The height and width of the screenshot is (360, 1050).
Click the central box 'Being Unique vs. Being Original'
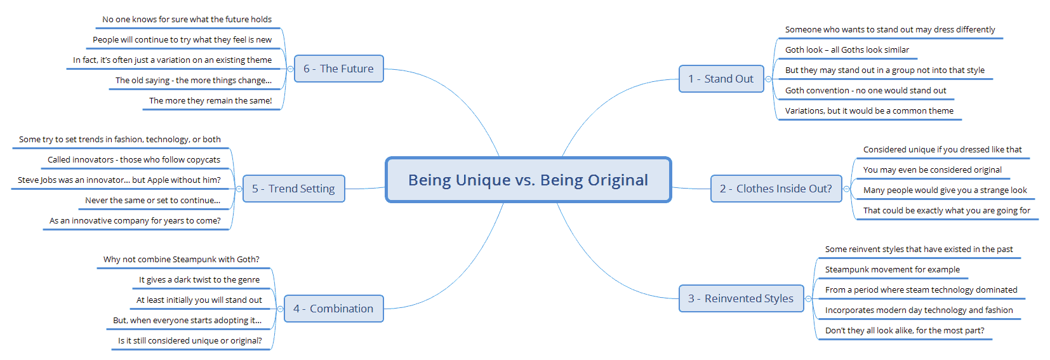[x=528, y=180]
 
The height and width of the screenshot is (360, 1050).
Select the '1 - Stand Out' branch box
[x=721, y=79]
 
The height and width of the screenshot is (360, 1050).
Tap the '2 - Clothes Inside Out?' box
[x=776, y=189]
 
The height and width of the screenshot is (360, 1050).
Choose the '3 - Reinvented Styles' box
[x=741, y=298]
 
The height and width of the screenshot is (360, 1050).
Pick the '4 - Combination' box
[x=334, y=309]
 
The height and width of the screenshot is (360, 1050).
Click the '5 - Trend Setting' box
[x=294, y=189]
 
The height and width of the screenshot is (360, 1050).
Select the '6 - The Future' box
[x=339, y=69]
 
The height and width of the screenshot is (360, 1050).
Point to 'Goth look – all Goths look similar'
[x=847, y=50]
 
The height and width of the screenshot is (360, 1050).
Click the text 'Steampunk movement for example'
[x=893, y=270]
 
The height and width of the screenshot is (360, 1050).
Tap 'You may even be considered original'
[x=933, y=170]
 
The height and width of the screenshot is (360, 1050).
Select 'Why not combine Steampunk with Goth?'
[x=182, y=259]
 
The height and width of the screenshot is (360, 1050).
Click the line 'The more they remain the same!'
[x=211, y=100]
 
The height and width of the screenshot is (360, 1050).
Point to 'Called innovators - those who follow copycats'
[x=134, y=159]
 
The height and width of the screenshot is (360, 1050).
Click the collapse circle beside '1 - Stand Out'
[x=768, y=79]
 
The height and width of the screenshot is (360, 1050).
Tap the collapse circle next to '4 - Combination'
[x=281, y=309]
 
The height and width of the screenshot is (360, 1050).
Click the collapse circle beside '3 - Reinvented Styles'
[x=808, y=298]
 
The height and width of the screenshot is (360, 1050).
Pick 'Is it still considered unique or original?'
[x=190, y=340]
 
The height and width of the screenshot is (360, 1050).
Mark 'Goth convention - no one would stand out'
[x=866, y=90]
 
